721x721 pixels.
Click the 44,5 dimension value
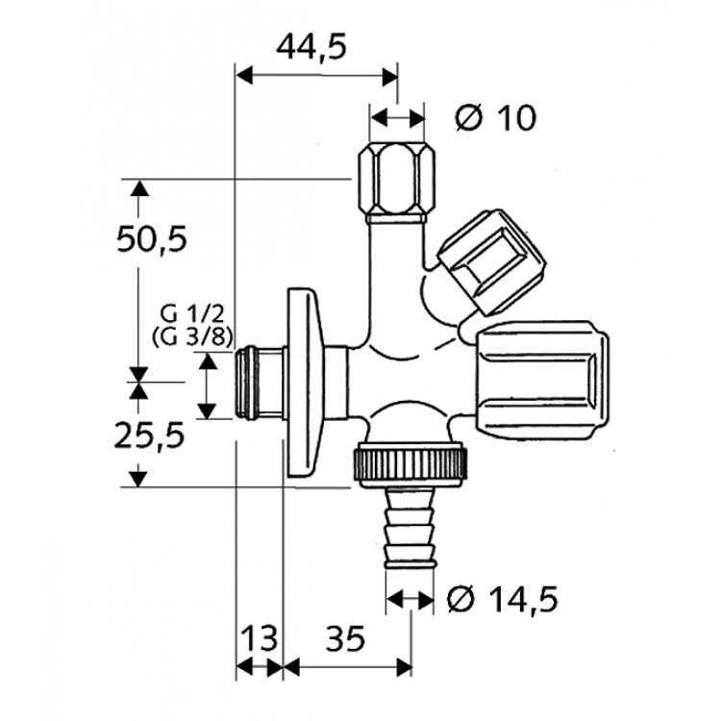[311, 45]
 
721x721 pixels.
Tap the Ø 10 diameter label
[495, 117]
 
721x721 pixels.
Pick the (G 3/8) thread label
[192, 336]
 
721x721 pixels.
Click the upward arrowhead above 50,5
[140, 188]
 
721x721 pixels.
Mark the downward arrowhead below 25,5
[140, 476]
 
